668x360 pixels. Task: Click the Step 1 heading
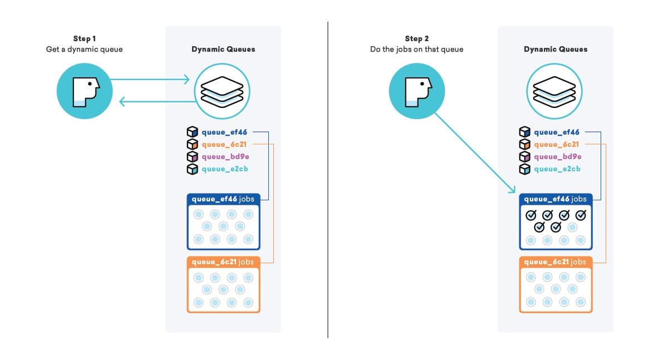pos(85,38)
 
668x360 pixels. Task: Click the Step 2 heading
pos(416,38)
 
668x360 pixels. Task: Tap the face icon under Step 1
pos(85,91)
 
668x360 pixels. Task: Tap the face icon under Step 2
pos(417,91)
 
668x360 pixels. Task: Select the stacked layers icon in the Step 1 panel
pos(222,91)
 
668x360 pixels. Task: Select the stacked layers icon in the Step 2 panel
pos(554,91)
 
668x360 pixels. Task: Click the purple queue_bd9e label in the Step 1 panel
pos(225,156)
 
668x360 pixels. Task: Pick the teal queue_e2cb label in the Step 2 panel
pos(557,169)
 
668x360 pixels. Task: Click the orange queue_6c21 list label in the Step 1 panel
pos(224,145)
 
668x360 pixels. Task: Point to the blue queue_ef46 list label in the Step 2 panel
pos(557,132)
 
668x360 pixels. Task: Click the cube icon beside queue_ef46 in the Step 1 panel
pos(193,132)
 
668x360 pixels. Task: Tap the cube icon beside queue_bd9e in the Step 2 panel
pos(524,156)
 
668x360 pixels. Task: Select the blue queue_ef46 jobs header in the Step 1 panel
pos(223,199)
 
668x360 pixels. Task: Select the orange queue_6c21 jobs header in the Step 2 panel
pos(556,262)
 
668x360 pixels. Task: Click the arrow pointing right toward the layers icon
pos(150,80)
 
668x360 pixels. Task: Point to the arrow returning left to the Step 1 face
pos(156,101)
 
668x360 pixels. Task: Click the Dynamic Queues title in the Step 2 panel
pos(556,49)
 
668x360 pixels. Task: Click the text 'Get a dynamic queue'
pos(85,50)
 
